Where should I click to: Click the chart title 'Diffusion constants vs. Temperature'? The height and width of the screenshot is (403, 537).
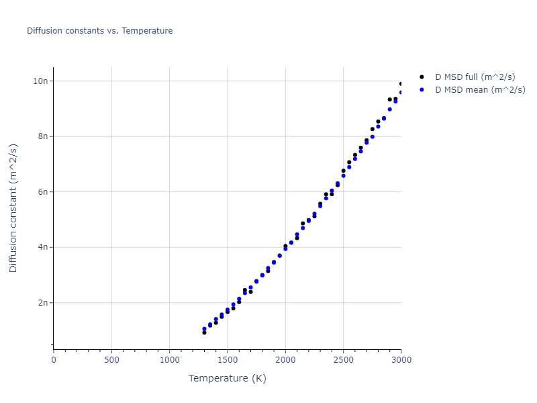tap(99, 31)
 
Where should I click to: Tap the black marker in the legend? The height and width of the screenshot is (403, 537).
tap(422, 77)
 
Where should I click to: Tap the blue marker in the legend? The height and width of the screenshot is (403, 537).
tap(422, 89)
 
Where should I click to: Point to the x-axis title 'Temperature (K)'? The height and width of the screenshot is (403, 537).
tap(227, 378)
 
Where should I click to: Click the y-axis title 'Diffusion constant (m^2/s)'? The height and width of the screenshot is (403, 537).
tap(13, 208)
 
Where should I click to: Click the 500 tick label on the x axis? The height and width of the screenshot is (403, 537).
tap(111, 360)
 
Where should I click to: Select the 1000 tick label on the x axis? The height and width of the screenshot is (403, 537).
tap(169, 360)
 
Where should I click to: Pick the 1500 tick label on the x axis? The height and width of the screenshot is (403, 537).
tap(228, 360)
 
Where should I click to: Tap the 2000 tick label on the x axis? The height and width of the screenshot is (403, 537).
tap(285, 360)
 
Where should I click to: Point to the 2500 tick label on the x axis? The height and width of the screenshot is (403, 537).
tap(343, 360)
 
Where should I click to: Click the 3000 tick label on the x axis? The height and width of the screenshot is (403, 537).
tap(401, 360)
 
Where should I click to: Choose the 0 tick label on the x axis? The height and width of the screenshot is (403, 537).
tap(54, 360)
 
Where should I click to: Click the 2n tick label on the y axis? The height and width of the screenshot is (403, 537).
tap(42, 303)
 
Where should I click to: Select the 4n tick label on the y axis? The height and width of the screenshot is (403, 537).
tap(42, 247)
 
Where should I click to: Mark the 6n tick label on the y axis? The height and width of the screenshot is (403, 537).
tap(42, 192)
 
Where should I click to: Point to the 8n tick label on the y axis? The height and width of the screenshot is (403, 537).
tap(42, 136)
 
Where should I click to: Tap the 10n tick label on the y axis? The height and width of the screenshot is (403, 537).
tap(40, 81)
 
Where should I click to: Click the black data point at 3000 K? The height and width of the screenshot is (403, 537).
tap(401, 84)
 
